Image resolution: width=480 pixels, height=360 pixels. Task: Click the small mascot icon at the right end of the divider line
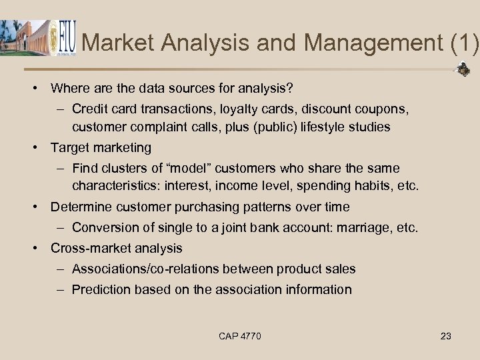[463, 69]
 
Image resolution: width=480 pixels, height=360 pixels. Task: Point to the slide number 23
[446, 336]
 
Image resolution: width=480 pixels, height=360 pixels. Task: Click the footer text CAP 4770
[240, 336]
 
